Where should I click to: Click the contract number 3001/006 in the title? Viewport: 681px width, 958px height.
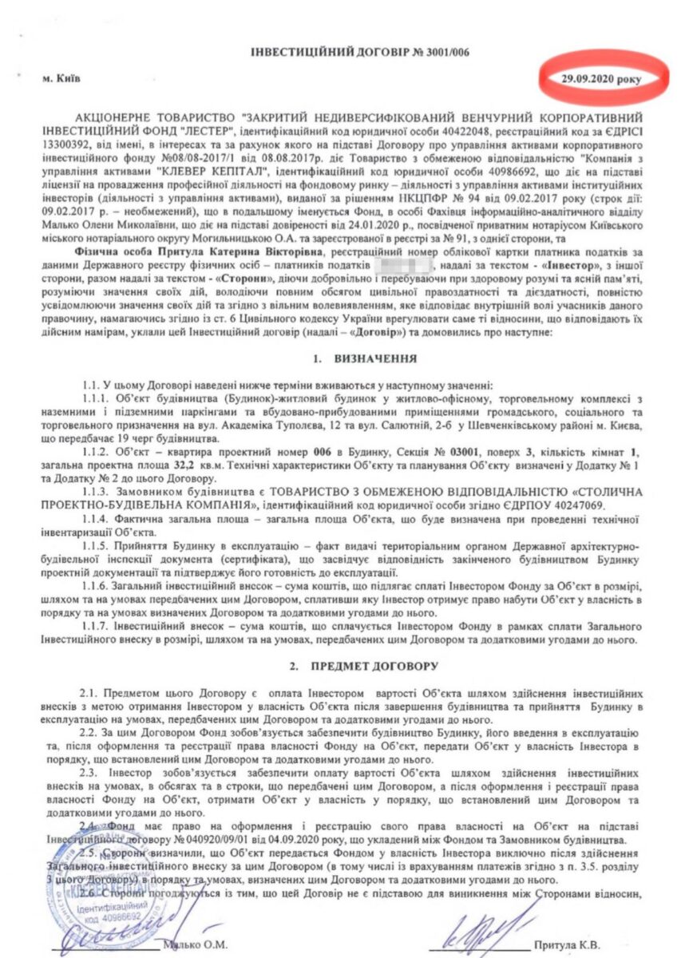click(439, 52)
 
